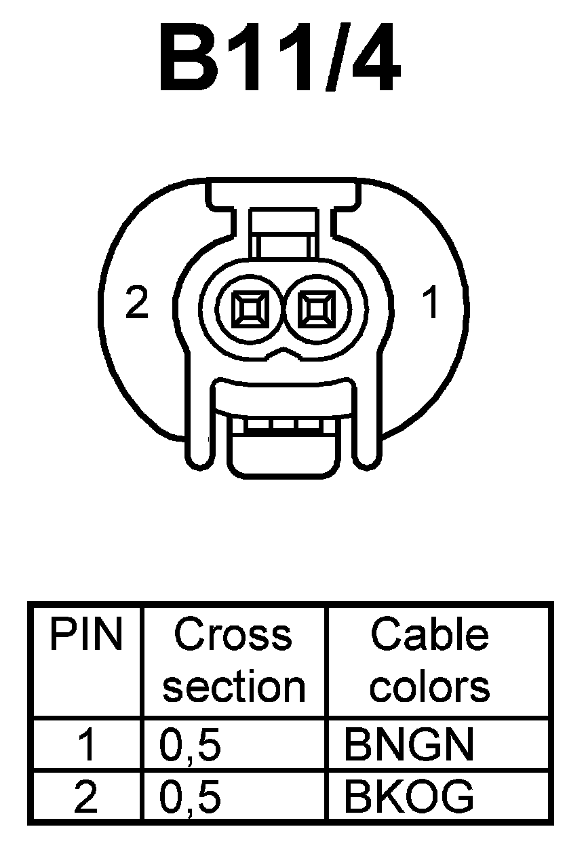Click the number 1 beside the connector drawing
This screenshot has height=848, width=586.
tap(431, 303)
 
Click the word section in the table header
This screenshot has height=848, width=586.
tap(233, 687)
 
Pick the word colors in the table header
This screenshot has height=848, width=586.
tap(429, 687)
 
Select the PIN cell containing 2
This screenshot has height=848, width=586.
tap(85, 797)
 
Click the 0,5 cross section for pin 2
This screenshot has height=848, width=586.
tap(191, 797)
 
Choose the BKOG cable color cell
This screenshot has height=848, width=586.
tap(408, 797)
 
